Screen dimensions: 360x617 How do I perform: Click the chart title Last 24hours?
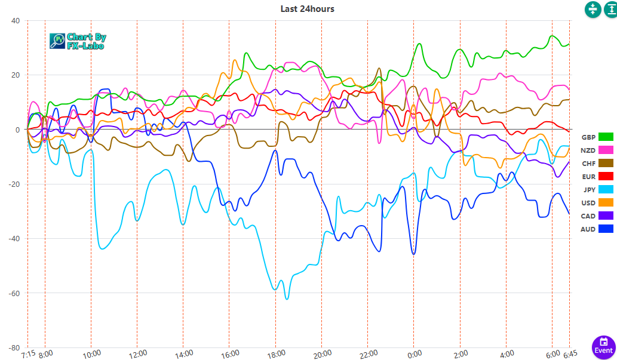click(307, 9)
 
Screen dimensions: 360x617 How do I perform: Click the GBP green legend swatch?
click(606, 137)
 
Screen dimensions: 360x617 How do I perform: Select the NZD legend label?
click(588, 150)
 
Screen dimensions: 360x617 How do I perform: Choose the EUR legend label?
click(588, 177)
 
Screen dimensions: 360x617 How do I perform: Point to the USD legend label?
click(588, 203)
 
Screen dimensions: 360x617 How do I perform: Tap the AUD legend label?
click(588, 229)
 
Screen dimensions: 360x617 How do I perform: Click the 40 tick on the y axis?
click(16, 20)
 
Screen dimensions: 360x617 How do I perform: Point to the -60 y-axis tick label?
click(14, 293)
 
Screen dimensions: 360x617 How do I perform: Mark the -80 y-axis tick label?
click(14, 347)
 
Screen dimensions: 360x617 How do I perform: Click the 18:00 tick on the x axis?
click(275, 354)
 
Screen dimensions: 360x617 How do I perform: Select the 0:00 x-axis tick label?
click(414, 354)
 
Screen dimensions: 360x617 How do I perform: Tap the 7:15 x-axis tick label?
click(27, 354)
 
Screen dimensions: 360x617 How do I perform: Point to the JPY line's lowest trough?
click(287, 298)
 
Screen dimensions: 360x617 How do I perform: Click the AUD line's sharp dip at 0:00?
click(413, 254)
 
